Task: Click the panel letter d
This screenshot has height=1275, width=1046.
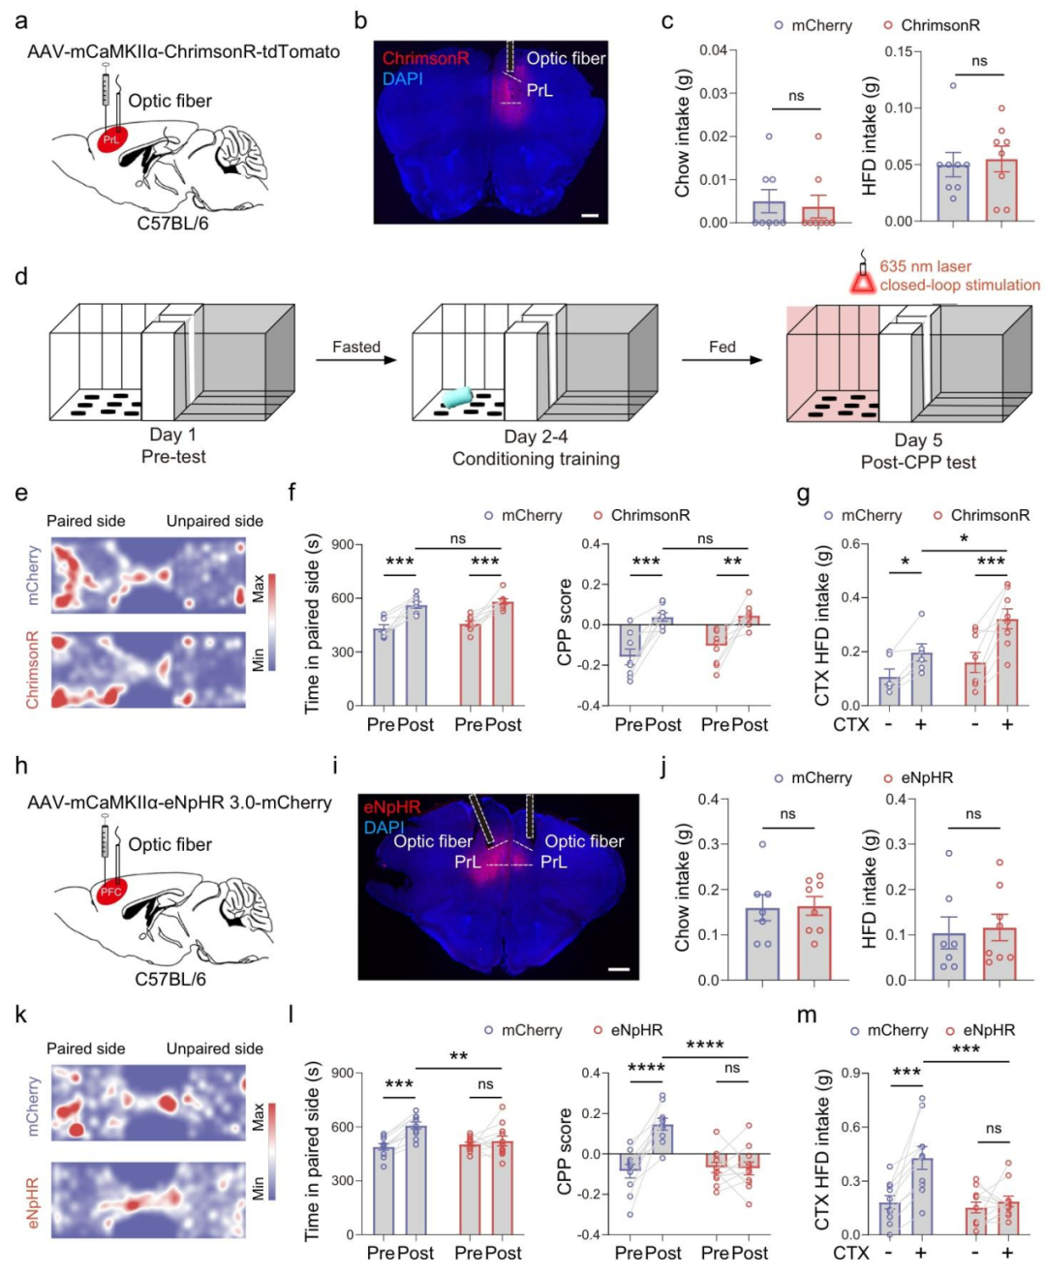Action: coord(21,277)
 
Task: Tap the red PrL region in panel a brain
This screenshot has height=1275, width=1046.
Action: coord(110,139)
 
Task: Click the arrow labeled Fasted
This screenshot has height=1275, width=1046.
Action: coord(356,360)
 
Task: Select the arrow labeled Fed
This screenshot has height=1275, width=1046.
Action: coord(722,360)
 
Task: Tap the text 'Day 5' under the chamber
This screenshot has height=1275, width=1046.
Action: coord(917,440)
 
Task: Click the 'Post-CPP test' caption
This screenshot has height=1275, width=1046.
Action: coord(918,462)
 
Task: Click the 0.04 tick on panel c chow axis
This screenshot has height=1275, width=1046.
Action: coord(713,50)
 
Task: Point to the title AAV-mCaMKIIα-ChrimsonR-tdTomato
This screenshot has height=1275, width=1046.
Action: coord(183,51)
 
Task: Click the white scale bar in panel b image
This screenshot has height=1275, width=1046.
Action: coord(590,215)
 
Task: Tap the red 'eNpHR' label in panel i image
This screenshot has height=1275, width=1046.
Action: coord(392,806)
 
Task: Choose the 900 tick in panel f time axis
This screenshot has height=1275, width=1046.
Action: coord(342,545)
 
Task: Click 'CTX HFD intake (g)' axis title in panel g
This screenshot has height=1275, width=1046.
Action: coord(822,624)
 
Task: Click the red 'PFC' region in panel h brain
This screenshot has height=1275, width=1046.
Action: coord(110,892)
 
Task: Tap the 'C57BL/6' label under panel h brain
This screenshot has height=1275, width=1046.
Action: coord(170,979)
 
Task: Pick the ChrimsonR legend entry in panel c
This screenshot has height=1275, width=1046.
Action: coord(931,25)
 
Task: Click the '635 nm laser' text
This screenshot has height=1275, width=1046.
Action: coord(925,266)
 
